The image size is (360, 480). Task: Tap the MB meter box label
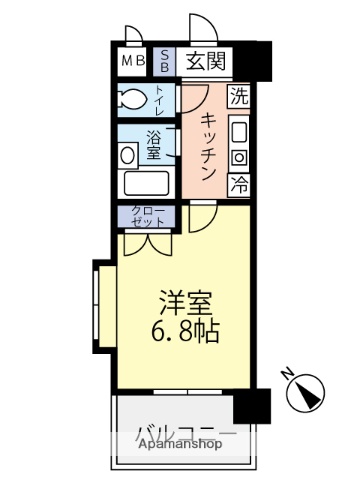[x=133, y=62]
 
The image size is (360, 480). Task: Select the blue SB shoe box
[x=165, y=62]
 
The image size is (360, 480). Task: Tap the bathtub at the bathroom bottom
[x=147, y=185]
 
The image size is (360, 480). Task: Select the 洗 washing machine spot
[x=238, y=97]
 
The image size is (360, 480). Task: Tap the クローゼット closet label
[x=147, y=214]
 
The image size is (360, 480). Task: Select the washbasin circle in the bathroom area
[x=127, y=155]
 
